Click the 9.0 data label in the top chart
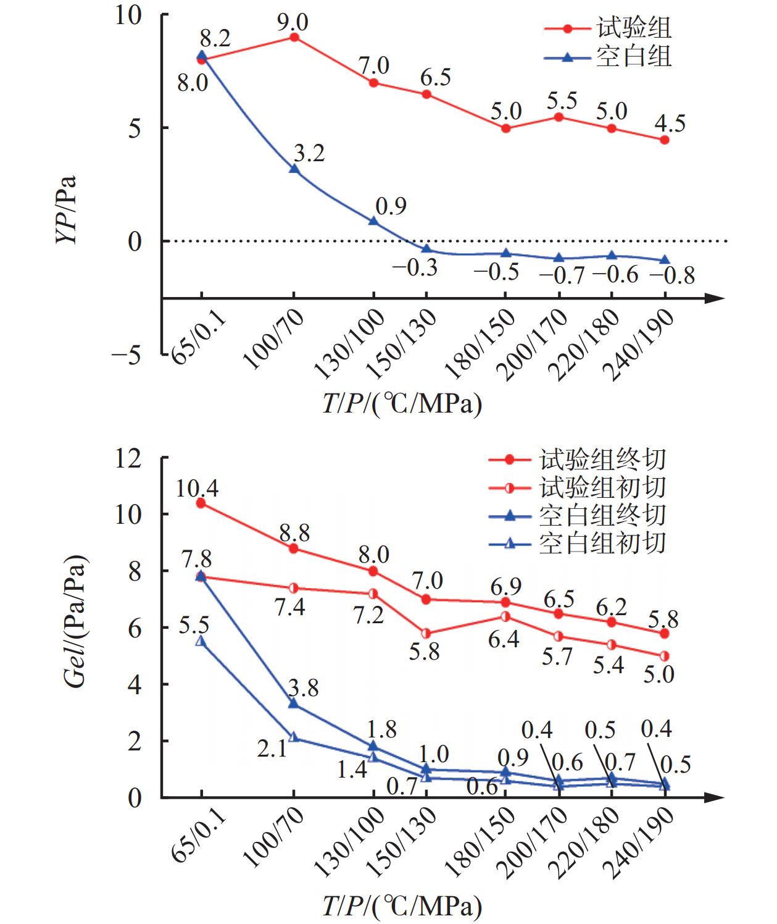click(293, 22)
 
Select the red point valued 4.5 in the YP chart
click(665, 140)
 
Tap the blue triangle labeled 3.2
click(294, 169)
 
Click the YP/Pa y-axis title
click(67, 210)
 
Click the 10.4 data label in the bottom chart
click(197, 489)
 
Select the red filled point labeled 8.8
click(294, 548)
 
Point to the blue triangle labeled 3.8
click(294, 703)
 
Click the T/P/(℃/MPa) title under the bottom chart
click(402, 906)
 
